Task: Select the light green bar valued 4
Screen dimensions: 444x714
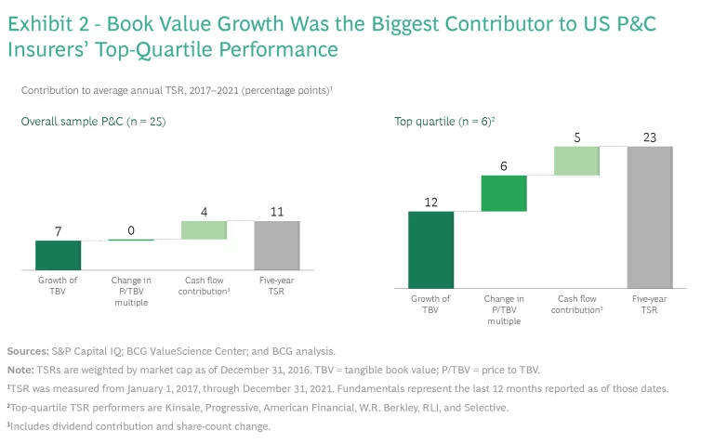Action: pos(204,230)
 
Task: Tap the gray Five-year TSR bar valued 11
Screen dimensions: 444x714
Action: pos(276,245)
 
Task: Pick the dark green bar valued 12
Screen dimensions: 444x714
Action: pos(431,249)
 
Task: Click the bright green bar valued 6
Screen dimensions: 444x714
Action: pos(504,193)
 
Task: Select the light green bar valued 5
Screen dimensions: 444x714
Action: pos(576,161)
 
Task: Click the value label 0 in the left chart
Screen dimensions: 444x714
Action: pos(130,229)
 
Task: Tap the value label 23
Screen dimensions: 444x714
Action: pos(649,137)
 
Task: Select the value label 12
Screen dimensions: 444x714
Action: pos(431,202)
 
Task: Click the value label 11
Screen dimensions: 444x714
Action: pos(276,212)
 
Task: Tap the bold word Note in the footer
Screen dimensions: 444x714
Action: pos(20,369)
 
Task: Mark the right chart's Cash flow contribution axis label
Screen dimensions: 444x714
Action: pos(576,304)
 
